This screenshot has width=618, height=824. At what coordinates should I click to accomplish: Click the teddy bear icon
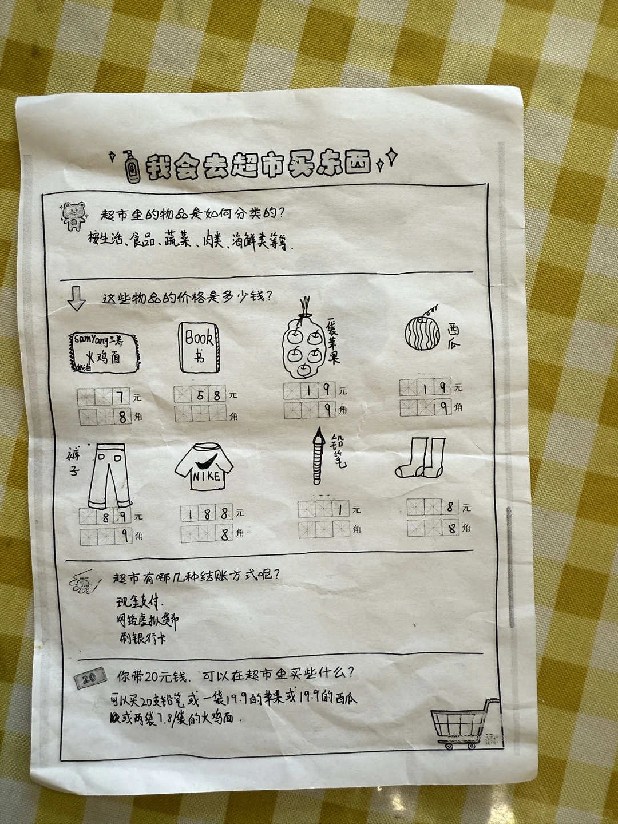[73, 215]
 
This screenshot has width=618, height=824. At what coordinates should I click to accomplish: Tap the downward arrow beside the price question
[76, 298]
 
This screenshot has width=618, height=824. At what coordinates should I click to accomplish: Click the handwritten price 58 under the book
[209, 394]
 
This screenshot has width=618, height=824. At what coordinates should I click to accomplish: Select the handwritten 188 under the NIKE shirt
[207, 513]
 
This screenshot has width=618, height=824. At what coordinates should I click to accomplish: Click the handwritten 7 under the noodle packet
[120, 396]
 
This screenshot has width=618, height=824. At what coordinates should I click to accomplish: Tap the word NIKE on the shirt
[205, 477]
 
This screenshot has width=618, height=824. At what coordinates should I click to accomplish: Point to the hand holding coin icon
[81, 583]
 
